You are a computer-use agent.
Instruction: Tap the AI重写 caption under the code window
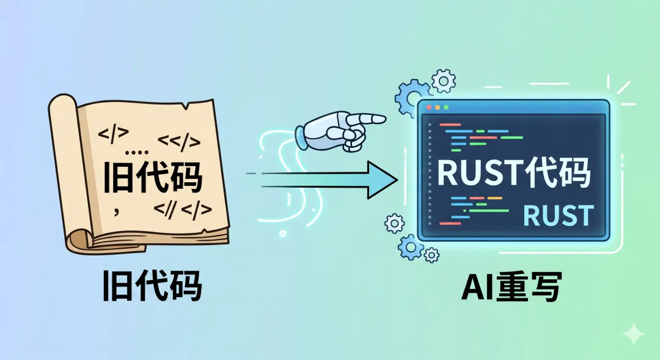coord(510,286)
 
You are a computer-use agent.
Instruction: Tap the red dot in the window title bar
coord(429,108)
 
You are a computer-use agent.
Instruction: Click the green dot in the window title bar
coord(446,108)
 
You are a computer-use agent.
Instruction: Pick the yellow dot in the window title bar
coord(438,108)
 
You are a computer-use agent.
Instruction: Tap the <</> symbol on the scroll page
coord(178,142)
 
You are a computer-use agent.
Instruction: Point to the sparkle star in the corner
coord(633,334)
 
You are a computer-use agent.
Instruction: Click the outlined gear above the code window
coord(443,81)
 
